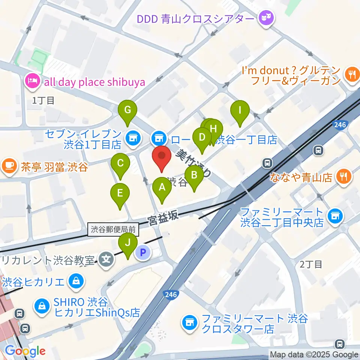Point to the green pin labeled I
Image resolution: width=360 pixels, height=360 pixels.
click(240, 111)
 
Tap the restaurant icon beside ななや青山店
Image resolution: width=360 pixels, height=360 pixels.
click(344, 176)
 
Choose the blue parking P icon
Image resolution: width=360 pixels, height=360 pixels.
click(142, 253)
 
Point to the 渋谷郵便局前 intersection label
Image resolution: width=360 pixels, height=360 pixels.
click(114, 229)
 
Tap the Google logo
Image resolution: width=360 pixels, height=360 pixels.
click(25, 351)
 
